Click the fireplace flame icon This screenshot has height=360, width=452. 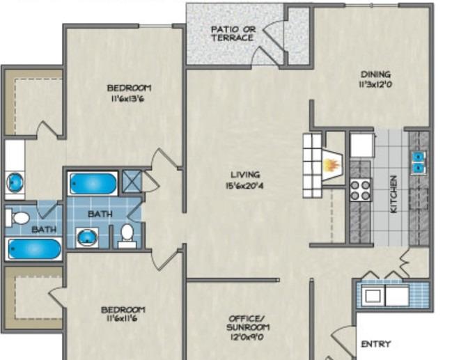pyautogui.click(x=331, y=166)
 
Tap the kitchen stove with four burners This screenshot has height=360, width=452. pyautogui.click(x=360, y=189)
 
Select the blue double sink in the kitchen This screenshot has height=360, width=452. pyautogui.click(x=419, y=162)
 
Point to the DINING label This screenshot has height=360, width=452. pyautogui.click(x=375, y=75)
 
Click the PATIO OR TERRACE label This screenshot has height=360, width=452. pyautogui.click(x=233, y=33)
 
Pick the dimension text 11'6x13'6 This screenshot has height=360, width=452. pyautogui.click(x=128, y=99)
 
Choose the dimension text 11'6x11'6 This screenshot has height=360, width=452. pyautogui.click(x=123, y=320)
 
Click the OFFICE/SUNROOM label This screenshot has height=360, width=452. pyautogui.click(x=247, y=324)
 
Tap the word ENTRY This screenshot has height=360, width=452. pyautogui.click(x=375, y=344)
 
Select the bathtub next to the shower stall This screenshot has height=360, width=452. pyautogui.click(x=93, y=184)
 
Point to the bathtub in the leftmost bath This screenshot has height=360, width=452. pyautogui.click(x=34, y=248)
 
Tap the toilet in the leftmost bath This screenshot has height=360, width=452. pyautogui.click(x=20, y=218)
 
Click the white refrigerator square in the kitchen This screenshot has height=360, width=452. pyautogui.click(x=361, y=146)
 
